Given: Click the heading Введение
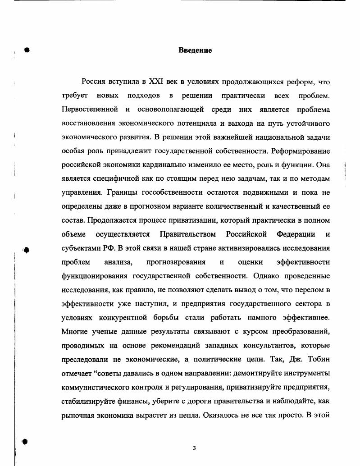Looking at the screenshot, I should (195, 50).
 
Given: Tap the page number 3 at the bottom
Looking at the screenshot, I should (194, 448).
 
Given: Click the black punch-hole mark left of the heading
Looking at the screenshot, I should (27, 50).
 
